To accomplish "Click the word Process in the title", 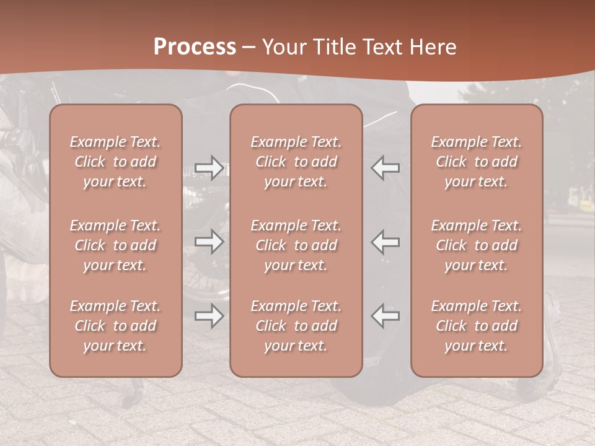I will (195, 47).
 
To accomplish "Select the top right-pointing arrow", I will (209, 168).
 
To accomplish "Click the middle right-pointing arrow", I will (209, 242).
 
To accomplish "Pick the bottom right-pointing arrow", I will (209, 316).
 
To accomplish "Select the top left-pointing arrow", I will (386, 168).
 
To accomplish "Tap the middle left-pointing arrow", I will (386, 242).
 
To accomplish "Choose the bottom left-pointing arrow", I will (386, 316).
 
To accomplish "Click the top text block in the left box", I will (115, 162).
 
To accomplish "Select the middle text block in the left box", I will (115, 245).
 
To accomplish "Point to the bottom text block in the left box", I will (115, 326).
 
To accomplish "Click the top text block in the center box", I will (296, 162).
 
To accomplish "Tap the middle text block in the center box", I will (296, 245).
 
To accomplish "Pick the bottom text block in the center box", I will (296, 326).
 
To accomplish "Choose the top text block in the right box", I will (477, 162).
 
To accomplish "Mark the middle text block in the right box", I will (477, 245).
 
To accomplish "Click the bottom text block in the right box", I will (477, 326).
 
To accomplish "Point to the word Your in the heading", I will (283, 47).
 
